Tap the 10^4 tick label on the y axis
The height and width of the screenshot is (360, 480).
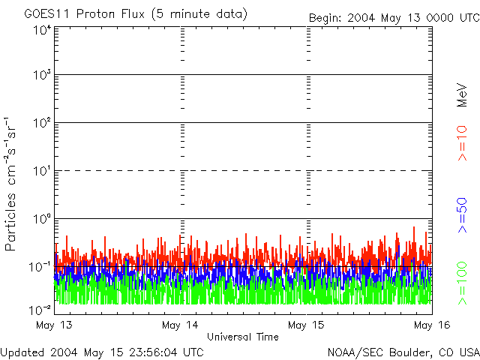coord(42,30)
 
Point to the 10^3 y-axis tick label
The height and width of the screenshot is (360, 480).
coord(42,76)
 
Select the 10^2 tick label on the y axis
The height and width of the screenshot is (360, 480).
coord(42,124)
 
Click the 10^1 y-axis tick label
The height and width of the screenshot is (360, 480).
coord(42,172)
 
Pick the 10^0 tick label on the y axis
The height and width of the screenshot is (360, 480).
coord(42,220)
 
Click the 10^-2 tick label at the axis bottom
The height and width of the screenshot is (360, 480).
coord(40,308)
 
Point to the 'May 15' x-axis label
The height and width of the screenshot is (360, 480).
coord(304,325)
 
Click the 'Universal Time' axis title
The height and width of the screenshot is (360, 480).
coord(242,337)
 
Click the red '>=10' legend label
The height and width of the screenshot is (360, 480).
coord(462,143)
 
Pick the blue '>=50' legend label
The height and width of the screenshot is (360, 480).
coord(462,213)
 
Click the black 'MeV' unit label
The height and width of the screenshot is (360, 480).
coord(462,96)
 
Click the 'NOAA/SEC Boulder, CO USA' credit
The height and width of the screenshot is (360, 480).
coord(403,352)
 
